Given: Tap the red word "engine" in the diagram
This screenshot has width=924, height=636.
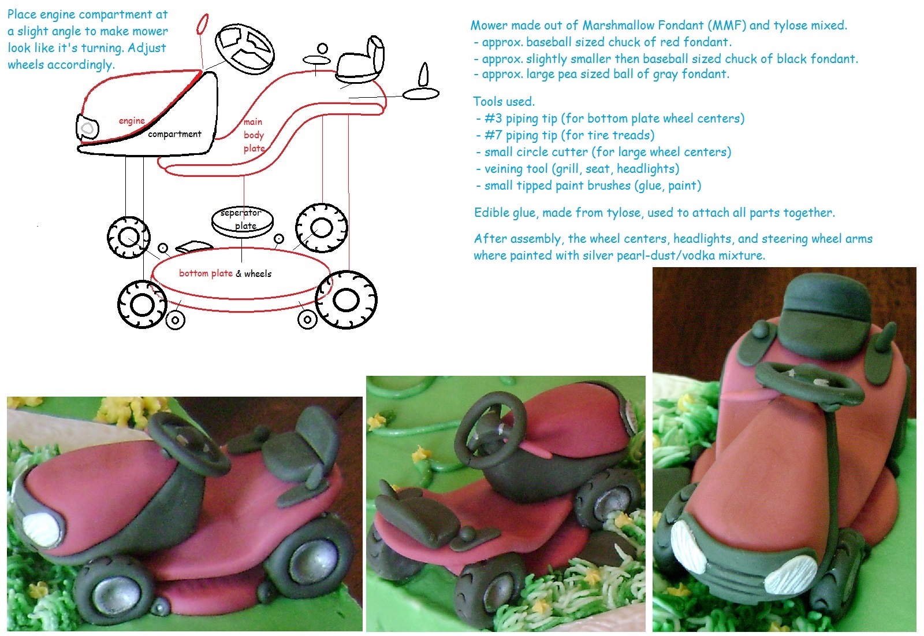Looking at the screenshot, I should click(x=132, y=120).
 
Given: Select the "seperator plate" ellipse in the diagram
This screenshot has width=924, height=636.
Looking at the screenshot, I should click(x=242, y=220).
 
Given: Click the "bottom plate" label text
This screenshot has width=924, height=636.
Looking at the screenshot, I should click(x=206, y=273).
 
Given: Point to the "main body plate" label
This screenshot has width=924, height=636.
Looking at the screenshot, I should click(x=254, y=135).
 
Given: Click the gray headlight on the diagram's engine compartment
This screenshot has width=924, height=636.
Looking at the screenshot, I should click(x=88, y=128).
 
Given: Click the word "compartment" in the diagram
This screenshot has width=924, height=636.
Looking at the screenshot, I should click(x=174, y=134).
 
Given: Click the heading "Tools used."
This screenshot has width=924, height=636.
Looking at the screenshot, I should click(x=504, y=102).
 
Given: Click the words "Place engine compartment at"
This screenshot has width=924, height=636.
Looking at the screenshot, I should click(x=87, y=14).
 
